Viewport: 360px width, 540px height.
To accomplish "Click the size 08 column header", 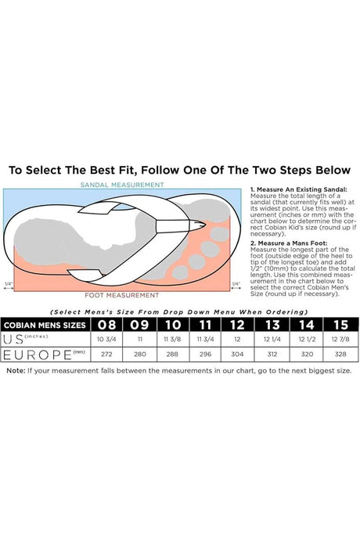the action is (x=106, y=325).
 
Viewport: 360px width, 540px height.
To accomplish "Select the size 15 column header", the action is (x=340, y=325).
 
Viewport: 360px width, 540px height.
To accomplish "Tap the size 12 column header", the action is (x=237, y=325).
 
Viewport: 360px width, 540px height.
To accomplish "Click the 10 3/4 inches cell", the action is (x=106, y=339).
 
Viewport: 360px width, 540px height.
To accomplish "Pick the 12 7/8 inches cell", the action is (x=340, y=339).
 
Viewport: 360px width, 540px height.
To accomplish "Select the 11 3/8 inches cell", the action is (x=172, y=339).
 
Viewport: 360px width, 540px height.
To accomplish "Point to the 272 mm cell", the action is (x=106, y=354).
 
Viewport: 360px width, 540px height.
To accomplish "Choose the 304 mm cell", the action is (x=237, y=354).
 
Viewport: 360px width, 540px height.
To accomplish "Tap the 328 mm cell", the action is (x=340, y=354).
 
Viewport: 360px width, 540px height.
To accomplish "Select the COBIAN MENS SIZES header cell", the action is (x=45, y=325).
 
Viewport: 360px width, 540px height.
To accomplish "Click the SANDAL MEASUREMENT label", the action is (x=122, y=185).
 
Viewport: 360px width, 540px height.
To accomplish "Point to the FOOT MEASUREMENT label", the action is (x=122, y=295).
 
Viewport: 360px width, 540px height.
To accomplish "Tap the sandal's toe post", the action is (x=180, y=226).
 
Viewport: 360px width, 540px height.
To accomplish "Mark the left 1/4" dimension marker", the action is (x=9, y=286).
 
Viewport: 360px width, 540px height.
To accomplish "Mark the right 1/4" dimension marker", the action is (x=236, y=286).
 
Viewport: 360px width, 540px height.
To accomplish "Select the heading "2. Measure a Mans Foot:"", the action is (x=289, y=243).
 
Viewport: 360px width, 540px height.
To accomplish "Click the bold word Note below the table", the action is (x=16, y=371).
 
